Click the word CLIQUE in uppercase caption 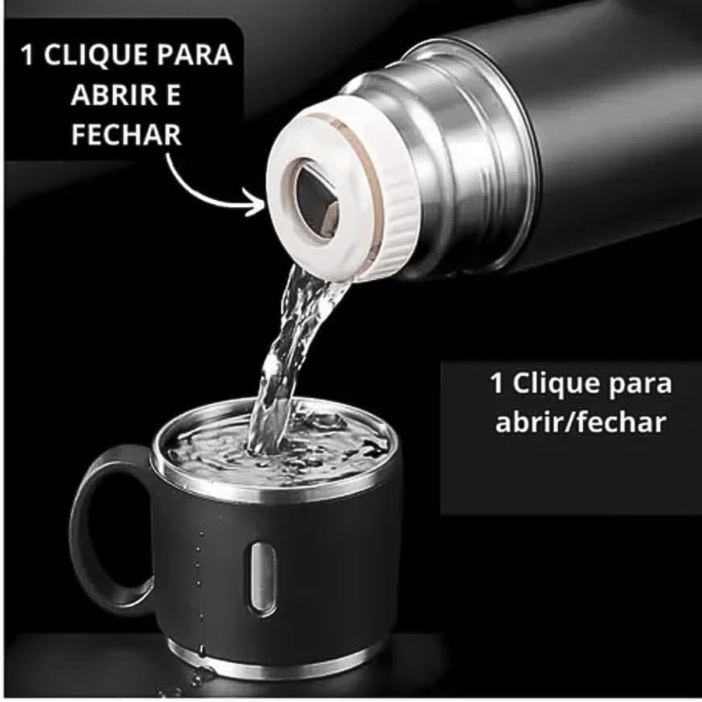pos(95,55)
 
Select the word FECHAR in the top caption pos(126,134)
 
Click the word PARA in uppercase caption pos(194,55)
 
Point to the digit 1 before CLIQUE pos(28,55)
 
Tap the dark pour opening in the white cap pos(317,201)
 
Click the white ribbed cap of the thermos pos(340,188)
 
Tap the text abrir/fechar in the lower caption pos(581,422)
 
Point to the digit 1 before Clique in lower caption pos(496,384)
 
